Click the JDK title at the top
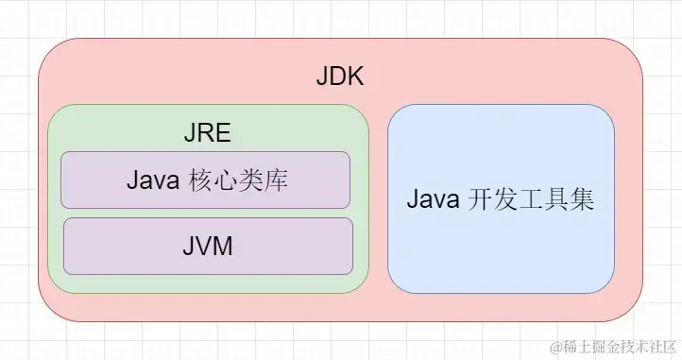339,77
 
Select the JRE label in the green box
207,132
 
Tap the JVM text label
207,248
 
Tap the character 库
276,181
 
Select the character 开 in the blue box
481,201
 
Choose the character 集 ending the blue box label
581,201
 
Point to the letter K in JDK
354,77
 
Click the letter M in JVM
222,248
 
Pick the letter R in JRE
207,132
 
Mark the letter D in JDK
338,77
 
